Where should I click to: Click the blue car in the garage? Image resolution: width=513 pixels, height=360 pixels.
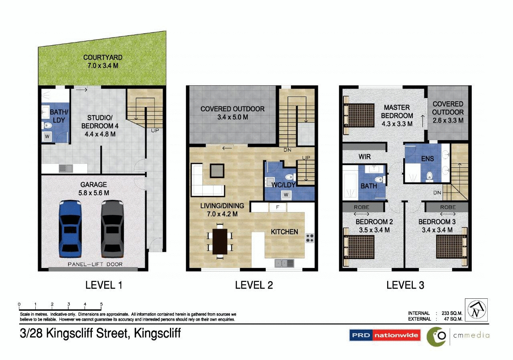point(70,229)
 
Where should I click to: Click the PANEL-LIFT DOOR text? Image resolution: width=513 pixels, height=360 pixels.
point(95,264)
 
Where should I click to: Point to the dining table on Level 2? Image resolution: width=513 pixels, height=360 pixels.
point(220,241)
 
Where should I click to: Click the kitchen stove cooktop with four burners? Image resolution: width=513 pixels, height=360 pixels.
point(310,238)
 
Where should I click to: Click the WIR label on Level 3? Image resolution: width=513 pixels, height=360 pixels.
point(364,156)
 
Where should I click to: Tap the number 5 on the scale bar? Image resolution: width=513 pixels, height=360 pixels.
point(101,304)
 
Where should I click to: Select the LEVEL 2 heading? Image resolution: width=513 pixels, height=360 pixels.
point(254,285)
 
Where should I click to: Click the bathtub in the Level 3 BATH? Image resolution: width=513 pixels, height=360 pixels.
point(350,184)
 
